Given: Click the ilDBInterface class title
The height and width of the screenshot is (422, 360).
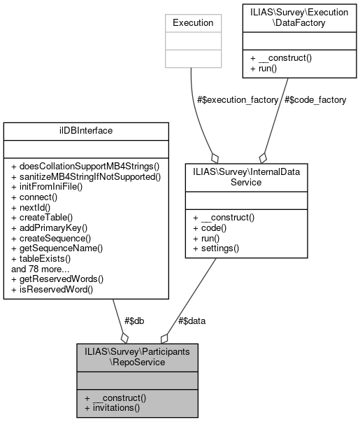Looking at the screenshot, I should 86,131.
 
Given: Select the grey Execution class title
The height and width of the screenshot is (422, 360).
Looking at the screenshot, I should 192,23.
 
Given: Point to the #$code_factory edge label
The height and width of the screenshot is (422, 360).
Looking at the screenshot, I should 315,100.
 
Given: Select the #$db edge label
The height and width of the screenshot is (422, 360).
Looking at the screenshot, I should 134,321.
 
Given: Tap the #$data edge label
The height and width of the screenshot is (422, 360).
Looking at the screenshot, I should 192,321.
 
